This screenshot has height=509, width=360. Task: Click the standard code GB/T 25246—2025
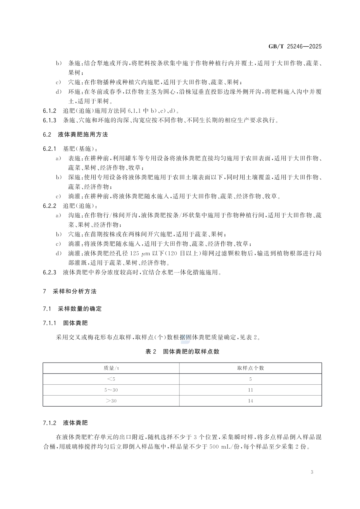click(295, 47)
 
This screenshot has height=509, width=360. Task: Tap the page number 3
click(312, 472)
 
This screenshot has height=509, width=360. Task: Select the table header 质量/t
click(111, 368)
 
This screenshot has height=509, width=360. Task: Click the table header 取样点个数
click(250, 368)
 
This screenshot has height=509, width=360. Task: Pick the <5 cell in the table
click(111, 379)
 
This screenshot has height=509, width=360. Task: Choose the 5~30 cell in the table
click(111, 390)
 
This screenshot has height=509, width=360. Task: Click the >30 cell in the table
click(111, 401)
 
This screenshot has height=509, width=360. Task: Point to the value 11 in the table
click(250, 390)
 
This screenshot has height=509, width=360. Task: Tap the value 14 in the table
click(250, 401)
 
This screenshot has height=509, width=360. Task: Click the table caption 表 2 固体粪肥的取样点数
click(182, 352)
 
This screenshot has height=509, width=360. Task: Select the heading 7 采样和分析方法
click(70, 291)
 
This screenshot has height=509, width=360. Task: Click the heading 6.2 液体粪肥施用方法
click(75, 135)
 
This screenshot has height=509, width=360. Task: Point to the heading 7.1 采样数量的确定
click(72, 309)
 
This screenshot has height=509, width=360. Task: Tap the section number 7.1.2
click(50, 423)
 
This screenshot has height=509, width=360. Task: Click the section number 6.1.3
click(50, 120)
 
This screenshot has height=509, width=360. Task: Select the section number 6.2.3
click(50, 273)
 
